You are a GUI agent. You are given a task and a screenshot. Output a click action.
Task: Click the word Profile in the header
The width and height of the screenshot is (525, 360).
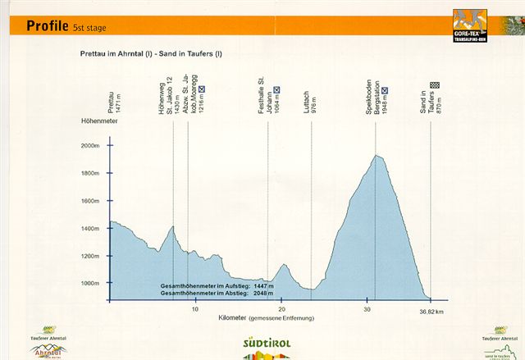tap(48, 25)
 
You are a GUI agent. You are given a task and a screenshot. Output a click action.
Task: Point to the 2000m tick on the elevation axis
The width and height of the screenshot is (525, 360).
tap(89, 146)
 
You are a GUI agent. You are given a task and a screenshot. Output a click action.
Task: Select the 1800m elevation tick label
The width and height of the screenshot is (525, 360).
tap(89, 174)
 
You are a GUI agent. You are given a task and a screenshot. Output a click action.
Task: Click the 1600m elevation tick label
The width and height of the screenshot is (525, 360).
tap(89, 201)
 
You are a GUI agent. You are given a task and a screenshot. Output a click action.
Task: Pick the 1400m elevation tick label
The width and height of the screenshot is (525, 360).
tap(89, 229)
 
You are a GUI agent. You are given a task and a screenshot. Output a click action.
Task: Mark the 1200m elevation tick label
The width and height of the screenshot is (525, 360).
tap(89, 256)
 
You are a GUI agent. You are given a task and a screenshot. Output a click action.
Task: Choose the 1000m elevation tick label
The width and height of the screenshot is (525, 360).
tap(89, 284)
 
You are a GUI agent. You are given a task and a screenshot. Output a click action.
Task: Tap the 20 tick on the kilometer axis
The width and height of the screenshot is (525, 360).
tap(281, 309)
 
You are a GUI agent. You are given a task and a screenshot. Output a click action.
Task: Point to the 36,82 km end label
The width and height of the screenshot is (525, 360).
tap(431, 312)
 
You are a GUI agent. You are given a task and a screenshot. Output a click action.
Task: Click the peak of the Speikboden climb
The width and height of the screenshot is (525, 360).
tap(377, 155)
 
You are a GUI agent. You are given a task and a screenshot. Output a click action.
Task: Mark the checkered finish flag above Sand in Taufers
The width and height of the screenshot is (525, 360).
tap(435, 84)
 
